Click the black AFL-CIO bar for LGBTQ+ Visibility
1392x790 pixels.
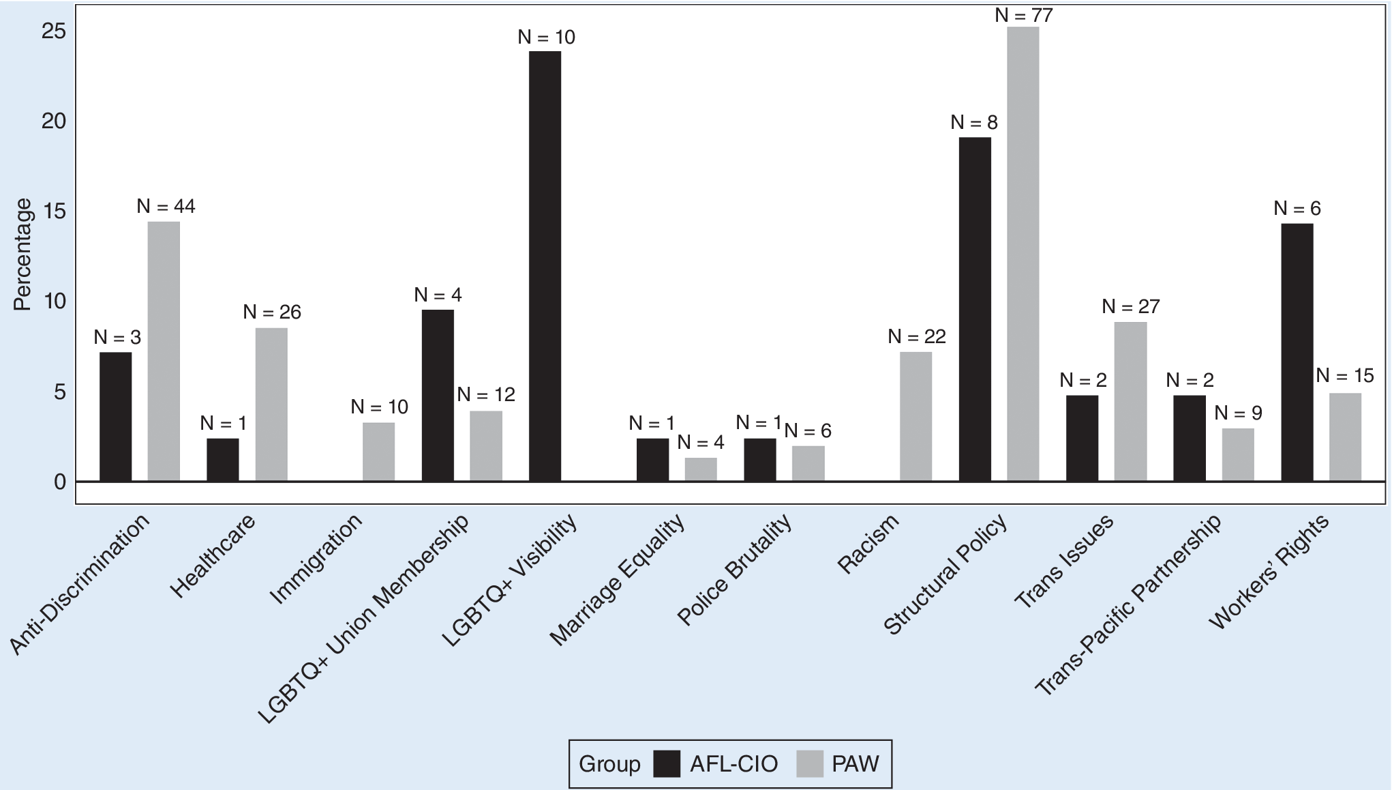[x=545, y=266]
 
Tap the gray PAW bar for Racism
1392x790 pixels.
[x=916, y=416]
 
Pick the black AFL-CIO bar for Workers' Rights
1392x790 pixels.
[x=1297, y=352]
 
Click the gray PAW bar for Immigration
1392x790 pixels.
[x=378, y=452]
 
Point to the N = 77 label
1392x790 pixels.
[x=1023, y=15]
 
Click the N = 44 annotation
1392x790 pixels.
[x=166, y=206]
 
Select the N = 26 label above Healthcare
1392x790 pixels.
[x=271, y=312]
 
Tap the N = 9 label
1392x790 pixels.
[x=1238, y=413]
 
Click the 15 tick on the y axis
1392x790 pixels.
[x=54, y=211]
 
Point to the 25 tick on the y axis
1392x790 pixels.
[x=54, y=31]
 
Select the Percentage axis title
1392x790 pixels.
[x=22, y=254]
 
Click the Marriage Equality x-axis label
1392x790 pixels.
[x=617, y=580]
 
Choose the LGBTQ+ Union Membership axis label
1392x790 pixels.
[x=363, y=618]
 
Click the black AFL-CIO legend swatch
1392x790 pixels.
[x=666, y=763]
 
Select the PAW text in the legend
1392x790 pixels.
[x=855, y=763]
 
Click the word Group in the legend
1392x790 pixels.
[x=609, y=763]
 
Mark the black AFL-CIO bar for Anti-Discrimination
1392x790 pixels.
[x=115, y=416]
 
